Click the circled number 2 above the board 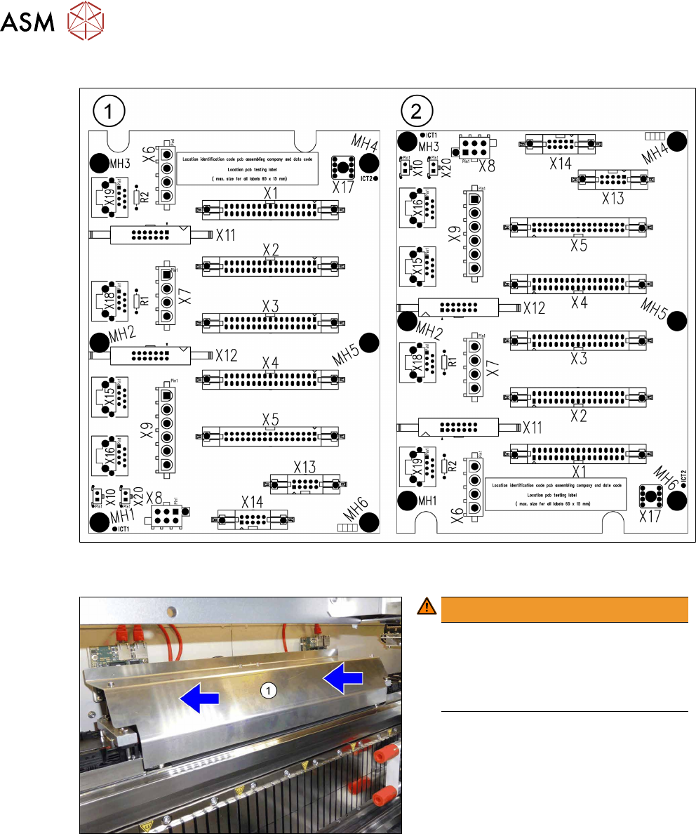(x=417, y=110)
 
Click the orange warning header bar (x=564, y=606)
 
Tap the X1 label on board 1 (x=271, y=193)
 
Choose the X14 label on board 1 (x=253, y=503)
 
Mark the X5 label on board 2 (x=579, y=246)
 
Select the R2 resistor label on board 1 (x=145, y=197)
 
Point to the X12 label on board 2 (x=533, y=307)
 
